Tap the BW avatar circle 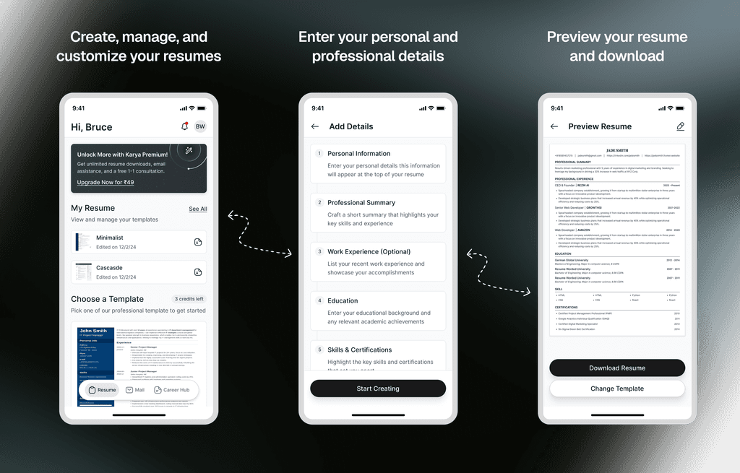(x=200, y=126)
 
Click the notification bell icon (x=184, y=126)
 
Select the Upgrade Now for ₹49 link (x=106, y=183)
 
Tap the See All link (x=198, y=209)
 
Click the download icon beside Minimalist (x=198, y=242)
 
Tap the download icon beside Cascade (x=198, y=272)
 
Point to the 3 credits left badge (x=189, y=299)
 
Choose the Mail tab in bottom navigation (x=135, y=390)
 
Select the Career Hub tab (x=172, y=390)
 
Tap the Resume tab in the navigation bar (x=102, y=390)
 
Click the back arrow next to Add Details (x=315, y=126)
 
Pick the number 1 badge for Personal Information (x=319, y=153)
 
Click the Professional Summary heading (x=361, y=203)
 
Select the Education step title (x=343, y=301)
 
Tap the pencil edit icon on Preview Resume (x=680, y=126)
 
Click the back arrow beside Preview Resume (x=554, y=126)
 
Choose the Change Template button (x=617, y=389)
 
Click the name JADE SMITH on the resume (x=617, y=150)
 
